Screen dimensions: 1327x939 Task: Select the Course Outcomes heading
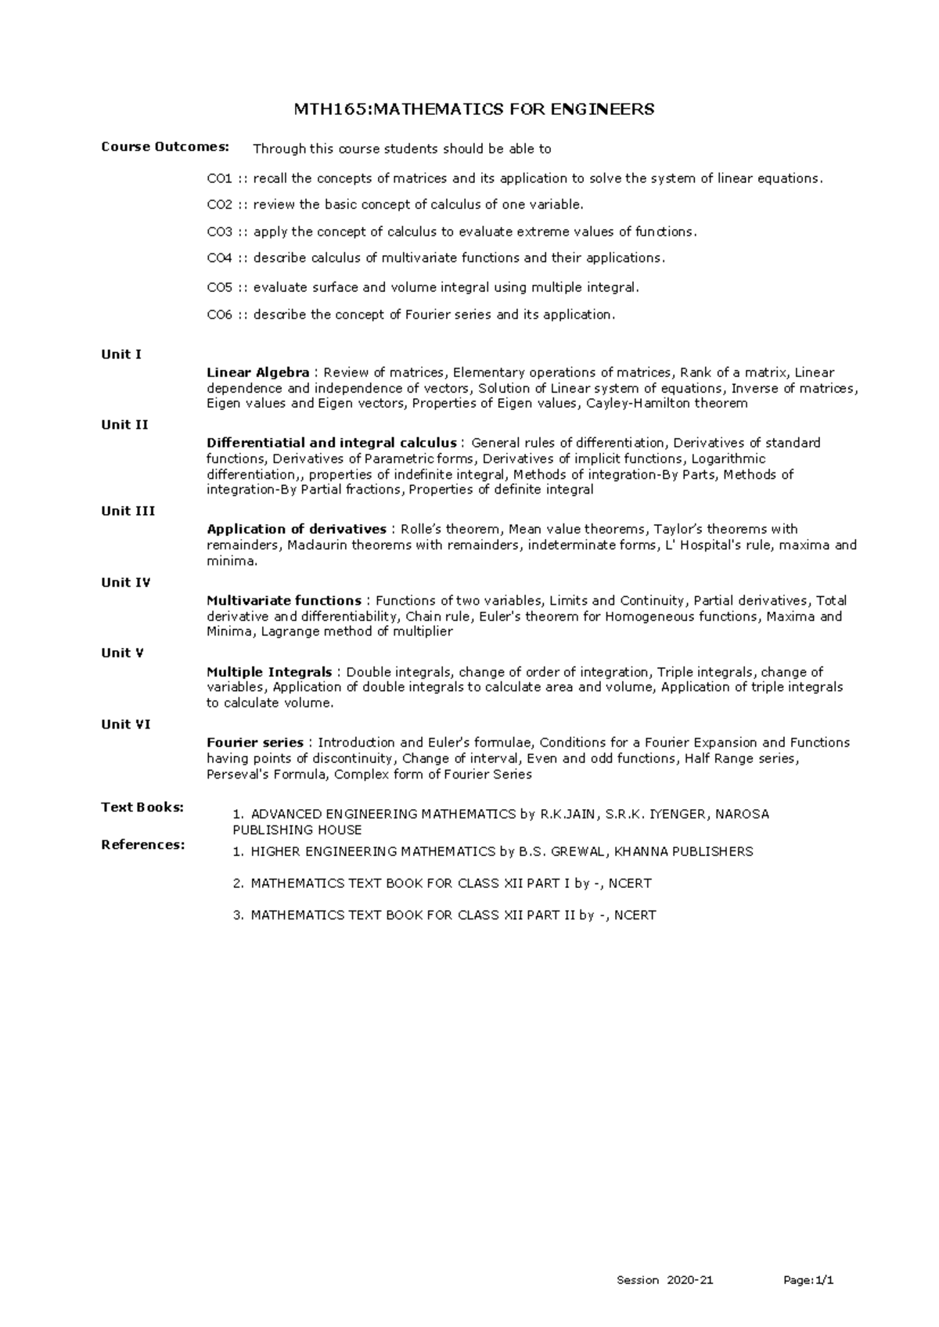165,147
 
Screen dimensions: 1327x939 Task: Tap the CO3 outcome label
219,232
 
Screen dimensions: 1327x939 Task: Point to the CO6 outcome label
219,315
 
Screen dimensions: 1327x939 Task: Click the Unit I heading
121,354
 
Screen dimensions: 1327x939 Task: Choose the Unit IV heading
126,582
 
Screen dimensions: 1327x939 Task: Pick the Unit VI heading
126,725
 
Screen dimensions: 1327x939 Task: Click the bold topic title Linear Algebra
257,372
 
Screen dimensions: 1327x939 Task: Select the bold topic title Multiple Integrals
269,672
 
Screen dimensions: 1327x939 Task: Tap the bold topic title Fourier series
255,743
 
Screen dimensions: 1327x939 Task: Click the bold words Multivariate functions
283,601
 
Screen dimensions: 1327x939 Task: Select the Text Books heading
142,807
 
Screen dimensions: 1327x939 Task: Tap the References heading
143,845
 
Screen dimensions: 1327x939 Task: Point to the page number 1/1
824,1281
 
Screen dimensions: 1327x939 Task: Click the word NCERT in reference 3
635,915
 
